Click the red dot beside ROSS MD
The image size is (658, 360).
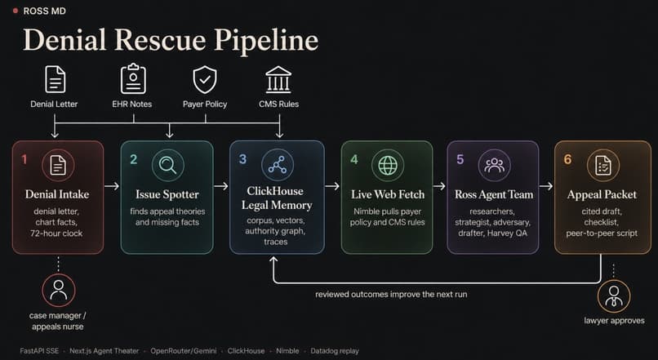(x=16, y=11)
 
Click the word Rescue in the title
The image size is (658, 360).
(x=159, y=40)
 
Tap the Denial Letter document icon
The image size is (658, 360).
(x=55, y=79)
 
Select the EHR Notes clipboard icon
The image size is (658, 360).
(x=133, y=78)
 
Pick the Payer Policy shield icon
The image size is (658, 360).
(x=205, y=79)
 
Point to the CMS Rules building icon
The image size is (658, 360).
(x=278, y=79)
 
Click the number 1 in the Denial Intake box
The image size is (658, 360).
(x=24, y=159)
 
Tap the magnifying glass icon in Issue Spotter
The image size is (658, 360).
(x=167, y=166)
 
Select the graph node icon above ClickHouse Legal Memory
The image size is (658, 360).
(x=277, y=165)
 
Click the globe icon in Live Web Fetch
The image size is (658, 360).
(x=388, y=165)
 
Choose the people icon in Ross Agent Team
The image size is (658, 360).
(x=494, y=166)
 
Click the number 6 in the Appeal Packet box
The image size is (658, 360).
(x=567, y=159)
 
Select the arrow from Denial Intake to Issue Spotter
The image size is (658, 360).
(x=112, y=186)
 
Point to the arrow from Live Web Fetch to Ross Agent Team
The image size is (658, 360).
(x=439, y=186)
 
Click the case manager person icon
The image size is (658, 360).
(x=58, y=290)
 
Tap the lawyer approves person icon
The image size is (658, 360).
(x=614, y=296)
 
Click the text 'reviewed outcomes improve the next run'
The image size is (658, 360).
(x=391, y=294)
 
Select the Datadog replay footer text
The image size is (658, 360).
(x=335, y=351)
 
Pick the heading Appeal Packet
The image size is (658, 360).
(x=602, y=194)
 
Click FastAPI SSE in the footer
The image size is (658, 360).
(x=39, y=351)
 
